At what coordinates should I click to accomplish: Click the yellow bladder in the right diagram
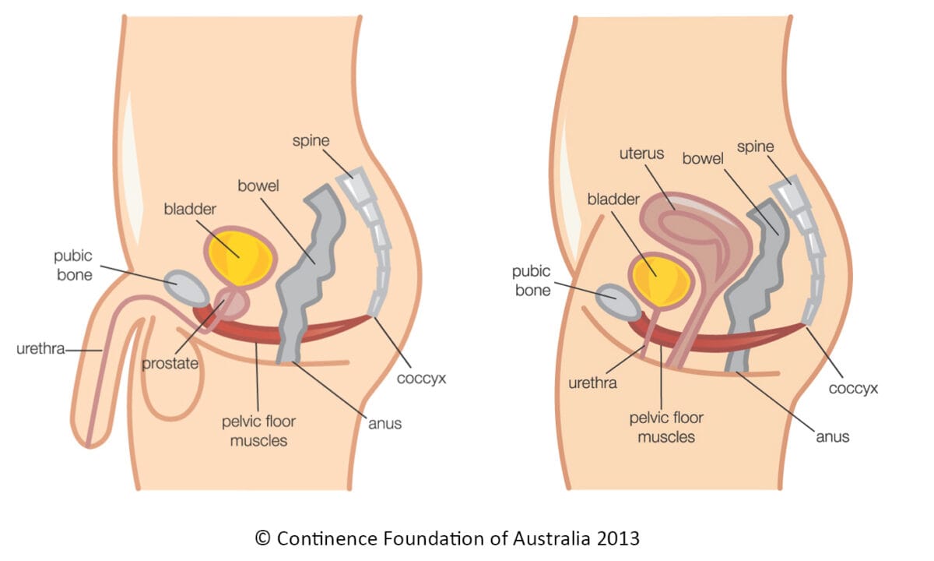point(661,280)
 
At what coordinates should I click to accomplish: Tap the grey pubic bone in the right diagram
point(618,302)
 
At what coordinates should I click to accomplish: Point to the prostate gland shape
point(233,306)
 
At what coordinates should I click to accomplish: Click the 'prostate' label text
point(170,364)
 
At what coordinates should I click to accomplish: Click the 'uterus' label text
point(641,153)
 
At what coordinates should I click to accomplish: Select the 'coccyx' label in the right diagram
point(853,387)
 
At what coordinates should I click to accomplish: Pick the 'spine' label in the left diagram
point(311,141)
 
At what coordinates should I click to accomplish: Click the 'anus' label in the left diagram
point(384,424)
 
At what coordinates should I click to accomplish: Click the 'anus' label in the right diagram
point(832,436)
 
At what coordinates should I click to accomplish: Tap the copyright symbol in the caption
point(262,538)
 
